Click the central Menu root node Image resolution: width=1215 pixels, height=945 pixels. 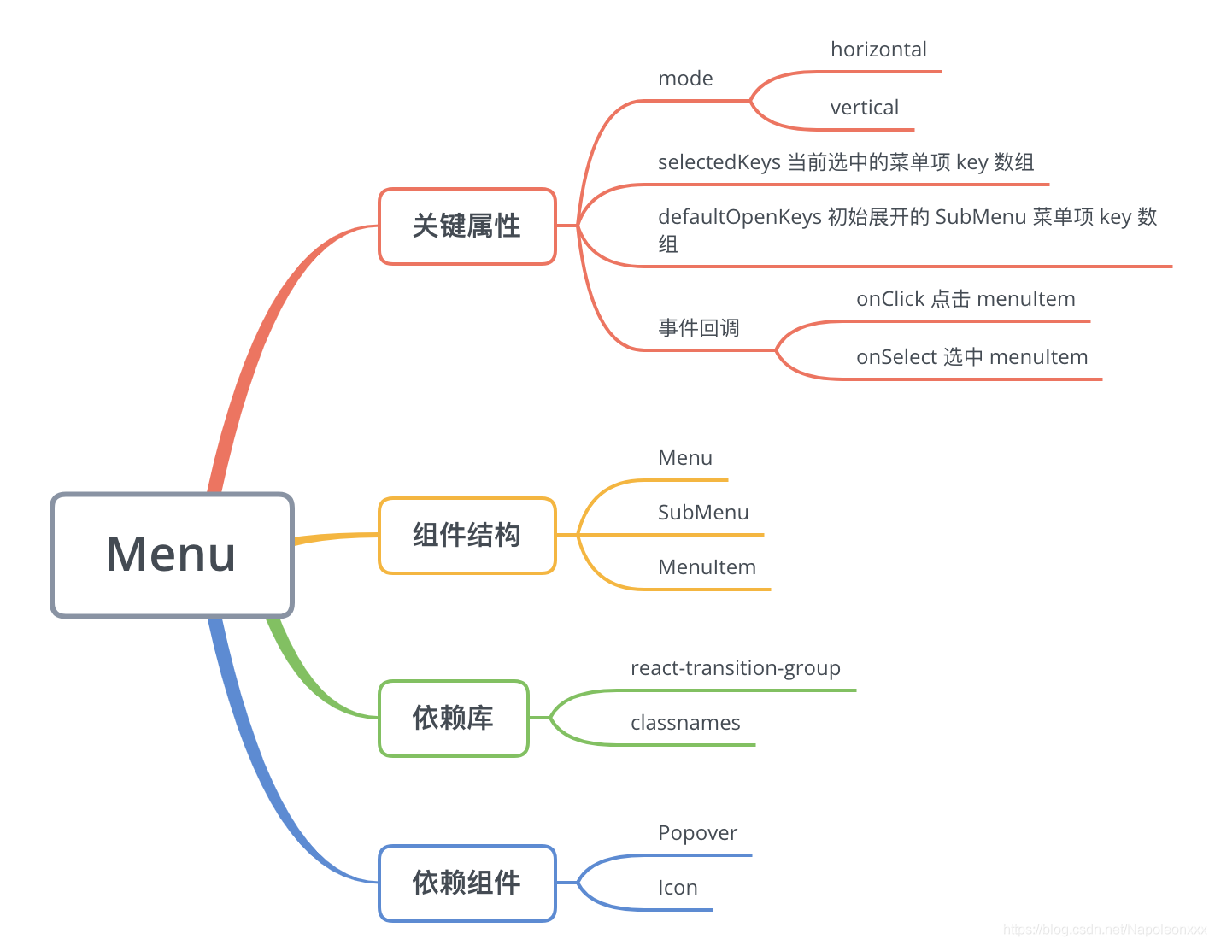point(172,555)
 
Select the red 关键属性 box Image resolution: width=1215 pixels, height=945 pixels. point(467,226)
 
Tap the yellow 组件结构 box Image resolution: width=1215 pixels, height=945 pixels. point(467,536)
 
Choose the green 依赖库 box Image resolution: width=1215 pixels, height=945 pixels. point(453,719)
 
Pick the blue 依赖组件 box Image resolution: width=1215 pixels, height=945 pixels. point(467,883)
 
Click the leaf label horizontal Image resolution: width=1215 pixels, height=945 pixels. point(878,50)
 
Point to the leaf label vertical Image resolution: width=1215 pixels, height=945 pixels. point(864,108)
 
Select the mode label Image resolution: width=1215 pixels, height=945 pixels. point(685,79)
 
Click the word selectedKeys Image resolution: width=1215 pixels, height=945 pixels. point(719,162)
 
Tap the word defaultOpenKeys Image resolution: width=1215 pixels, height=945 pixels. point(739,217)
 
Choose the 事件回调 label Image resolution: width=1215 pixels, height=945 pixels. point(698,328)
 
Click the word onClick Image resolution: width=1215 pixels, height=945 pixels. point(890,299)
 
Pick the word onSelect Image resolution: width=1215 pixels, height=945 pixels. point(896,357)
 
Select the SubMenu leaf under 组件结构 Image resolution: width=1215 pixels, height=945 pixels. point(703,513)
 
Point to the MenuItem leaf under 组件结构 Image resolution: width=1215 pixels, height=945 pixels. point(707,567)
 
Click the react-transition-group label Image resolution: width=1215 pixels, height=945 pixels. point(735,668)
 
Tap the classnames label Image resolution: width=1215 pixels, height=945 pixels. point(685,723)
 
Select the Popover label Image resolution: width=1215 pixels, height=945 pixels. point(697,833)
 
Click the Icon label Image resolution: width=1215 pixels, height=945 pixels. point(678,888)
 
